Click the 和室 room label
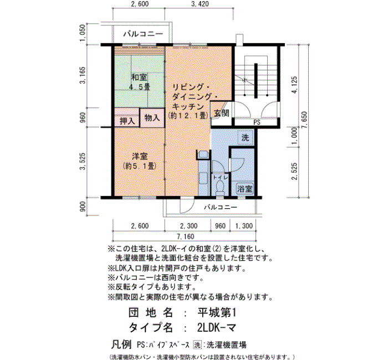[x=139, y=78]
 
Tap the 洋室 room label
[x=140, y=156]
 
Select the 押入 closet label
[x=127, y=121]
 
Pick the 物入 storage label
[x=152, y=117]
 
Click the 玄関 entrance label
[x=222, y=113]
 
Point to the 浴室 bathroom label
[x=245, y=189]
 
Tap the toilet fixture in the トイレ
[x=219, y=187]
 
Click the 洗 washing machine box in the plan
[x=245, y=137]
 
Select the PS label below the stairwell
[x=257, y=122]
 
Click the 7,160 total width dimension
[x=185, y=236]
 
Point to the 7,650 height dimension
[x=304, y=120]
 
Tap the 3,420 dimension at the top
[x=200, y=4]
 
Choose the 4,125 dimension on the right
[x=294, y=85]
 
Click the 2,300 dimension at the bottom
[x=189, y=226]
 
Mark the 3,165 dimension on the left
[x=83, y=75]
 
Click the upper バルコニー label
[x=143, y=34]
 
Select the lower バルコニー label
[x=221, y=207]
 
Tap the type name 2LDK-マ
[x=217, y=328]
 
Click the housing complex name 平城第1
[x=217, y=313]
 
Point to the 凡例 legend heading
[x=121, y=344]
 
